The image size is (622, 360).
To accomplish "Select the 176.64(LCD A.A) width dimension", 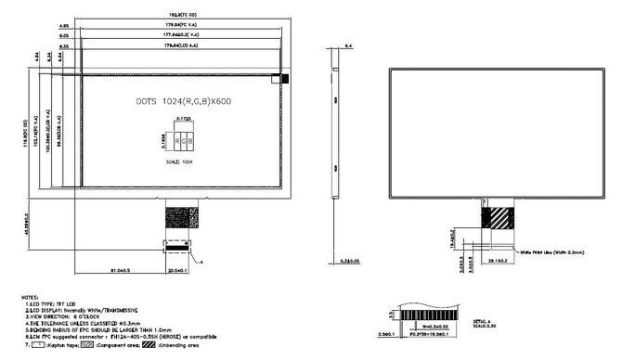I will point(182,45).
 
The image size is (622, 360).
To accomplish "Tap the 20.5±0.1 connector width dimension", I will point(176,270).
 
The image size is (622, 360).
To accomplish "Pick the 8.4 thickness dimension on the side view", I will point(348,45).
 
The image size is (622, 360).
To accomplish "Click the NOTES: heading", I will point(31,298).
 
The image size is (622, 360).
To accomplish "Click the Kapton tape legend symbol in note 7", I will point(40,343).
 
